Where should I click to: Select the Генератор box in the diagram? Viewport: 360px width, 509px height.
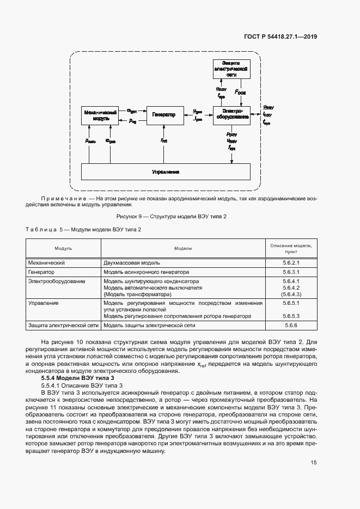coord(164,115)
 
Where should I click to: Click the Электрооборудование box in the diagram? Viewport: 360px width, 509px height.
coord(231,115)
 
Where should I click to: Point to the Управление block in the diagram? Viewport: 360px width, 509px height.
coord(166,171)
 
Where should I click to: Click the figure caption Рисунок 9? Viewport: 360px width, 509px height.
coord(171,216)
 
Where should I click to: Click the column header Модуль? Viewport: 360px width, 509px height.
coord(63,248)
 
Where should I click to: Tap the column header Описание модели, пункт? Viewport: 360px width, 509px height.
coord(291,249)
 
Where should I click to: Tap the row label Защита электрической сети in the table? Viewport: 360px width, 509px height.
coord(63,325)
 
